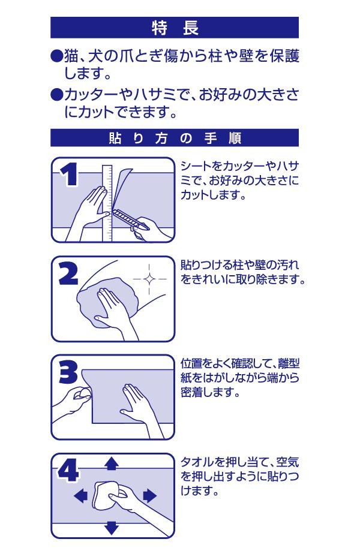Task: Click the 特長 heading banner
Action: coord(175,28)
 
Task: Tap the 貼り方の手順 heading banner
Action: coord(175,138)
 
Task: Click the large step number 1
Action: coord(70,174)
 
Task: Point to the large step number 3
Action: coord(68,372)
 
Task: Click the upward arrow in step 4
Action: coord(112,463)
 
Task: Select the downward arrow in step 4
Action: coord(112,528)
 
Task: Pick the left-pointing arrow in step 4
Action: coord(80,496)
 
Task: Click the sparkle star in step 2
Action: coord(149,279)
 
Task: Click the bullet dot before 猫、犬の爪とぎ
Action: coord(56,56)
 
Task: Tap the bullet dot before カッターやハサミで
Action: coord(56,95)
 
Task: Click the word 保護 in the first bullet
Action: coord(285,56)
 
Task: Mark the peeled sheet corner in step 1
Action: coord(124,186)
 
